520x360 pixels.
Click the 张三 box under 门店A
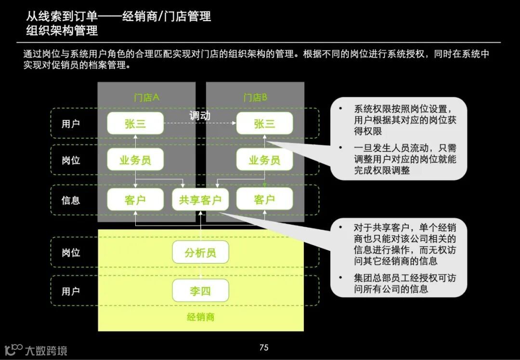point(135,123)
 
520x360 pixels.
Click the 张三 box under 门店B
point(264,123)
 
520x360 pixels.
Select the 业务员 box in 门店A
point(135,160)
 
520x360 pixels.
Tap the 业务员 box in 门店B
point(264,160)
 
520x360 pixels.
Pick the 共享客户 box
point(200,200)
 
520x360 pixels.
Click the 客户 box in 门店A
point(135,200)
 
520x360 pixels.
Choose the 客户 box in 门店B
point(264,200)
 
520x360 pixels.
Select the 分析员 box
point(200,253)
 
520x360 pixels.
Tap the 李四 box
point(200,291)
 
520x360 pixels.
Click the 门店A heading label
point(146,98)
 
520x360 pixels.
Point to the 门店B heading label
point(255,98)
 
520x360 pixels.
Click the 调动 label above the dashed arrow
point(200,116)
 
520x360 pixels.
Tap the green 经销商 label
point(200,317)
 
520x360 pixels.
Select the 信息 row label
point(71,200)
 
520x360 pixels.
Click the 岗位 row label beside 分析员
point(71,253)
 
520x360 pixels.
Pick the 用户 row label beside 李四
point(71,291)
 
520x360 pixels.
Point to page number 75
point(263,347)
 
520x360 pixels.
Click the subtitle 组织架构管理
point(62,31)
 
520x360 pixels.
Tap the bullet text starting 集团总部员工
point(404,283)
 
